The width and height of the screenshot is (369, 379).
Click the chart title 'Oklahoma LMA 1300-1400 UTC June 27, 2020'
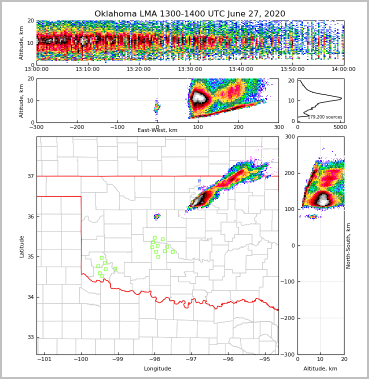pyautogui.click(x=189, y=14)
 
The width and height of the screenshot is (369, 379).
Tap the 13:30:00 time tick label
pyautogui.click(x=190, y=69)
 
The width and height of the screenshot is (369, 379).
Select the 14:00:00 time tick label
pyautogui.click(x=343, y=69)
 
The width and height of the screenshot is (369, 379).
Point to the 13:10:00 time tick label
pyautogui.click(x=87, y=69)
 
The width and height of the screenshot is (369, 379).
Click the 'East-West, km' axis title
pyautogui.click(x=157, y=130)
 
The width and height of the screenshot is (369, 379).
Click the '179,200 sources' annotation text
pyautogui.click(x=324, y=117)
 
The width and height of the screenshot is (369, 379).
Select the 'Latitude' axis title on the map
pyautogui.click(x=21, y=246)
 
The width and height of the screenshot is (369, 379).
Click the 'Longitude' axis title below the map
pyautogui.click(x=157, y=369)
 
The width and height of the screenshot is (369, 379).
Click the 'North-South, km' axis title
pyautogui.click(x=348, y=245)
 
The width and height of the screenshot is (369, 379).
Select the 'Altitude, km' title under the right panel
pyautogui.click(x=320, y=369)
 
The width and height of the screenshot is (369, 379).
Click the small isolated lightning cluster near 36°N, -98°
pyautogui.click(x=157, y=216)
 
